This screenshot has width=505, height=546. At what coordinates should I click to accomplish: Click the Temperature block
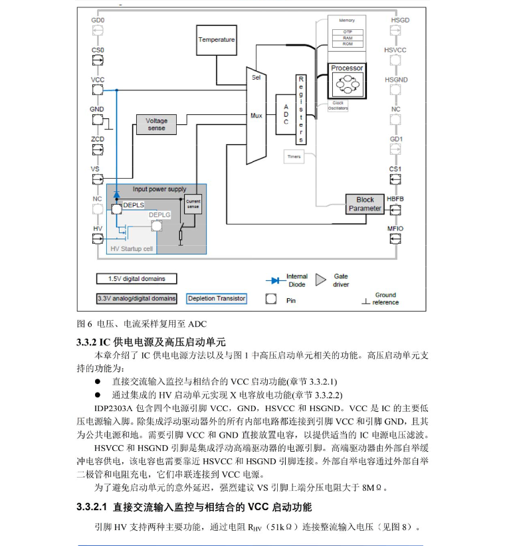216,40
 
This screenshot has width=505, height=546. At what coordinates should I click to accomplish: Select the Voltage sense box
156,124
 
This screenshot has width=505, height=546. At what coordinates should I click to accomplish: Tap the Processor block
347,81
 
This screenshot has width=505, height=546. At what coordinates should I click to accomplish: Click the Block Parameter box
365,204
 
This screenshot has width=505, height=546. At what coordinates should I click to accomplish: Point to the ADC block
286,114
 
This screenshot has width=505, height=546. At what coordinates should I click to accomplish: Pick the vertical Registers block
301,110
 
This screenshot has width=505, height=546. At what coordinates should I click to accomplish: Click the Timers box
294,157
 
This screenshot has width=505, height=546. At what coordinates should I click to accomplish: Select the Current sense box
193,204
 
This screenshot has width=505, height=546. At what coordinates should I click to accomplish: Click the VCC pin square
98,90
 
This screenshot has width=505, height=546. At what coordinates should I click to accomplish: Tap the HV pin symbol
98,239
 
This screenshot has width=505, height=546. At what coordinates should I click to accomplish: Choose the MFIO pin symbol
395,239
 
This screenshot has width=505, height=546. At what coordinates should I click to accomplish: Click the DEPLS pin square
117,209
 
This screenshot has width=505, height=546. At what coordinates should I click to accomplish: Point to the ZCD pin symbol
98,149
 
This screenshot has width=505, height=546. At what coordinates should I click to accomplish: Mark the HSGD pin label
400,20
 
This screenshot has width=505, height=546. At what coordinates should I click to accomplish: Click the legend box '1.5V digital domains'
136,279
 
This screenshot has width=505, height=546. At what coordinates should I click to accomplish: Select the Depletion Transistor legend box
217,299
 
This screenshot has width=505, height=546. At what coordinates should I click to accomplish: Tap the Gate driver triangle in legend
320,280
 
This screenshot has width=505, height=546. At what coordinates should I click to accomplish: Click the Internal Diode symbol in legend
276,280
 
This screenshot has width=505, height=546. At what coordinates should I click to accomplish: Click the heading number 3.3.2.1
92,507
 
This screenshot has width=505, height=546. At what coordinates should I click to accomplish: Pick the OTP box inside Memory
348,32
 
